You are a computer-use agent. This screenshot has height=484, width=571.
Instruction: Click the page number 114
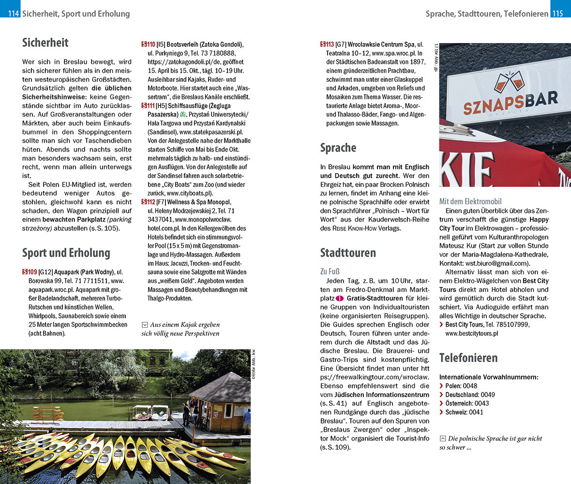tap(10, 14)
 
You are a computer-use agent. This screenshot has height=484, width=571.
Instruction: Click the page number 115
tap(558, 14)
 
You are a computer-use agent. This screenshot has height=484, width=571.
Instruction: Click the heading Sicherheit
tap(45, 43)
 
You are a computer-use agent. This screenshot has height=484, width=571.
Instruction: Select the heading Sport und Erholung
tap(66, 253)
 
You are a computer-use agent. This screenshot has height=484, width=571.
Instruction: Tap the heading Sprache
tap(338, 148)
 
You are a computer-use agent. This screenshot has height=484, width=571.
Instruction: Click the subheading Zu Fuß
tap(330, 271)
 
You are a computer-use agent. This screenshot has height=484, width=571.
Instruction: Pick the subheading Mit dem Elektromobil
tap(470, 201)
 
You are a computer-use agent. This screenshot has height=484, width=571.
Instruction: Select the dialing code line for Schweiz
tap(464, 412)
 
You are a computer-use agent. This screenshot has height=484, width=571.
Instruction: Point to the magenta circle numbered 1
tap(340, 298)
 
